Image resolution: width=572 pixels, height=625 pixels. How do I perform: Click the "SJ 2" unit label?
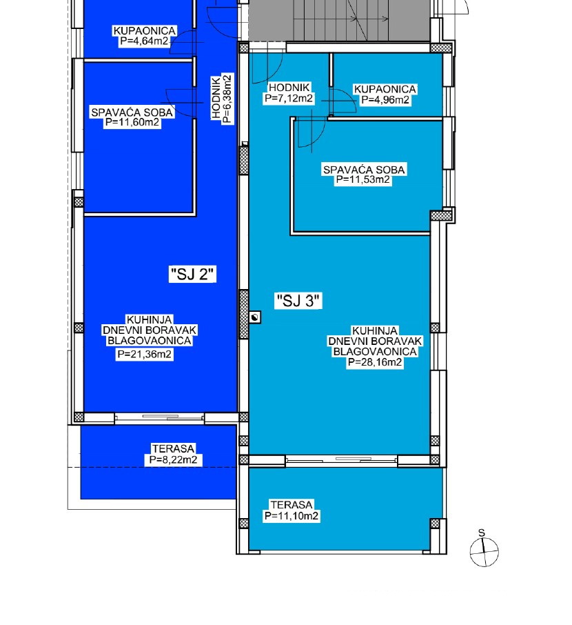click(193, 275)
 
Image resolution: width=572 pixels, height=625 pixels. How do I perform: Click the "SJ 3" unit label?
click(298, 301)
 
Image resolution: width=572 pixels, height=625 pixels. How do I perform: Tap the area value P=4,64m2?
click(144, 41)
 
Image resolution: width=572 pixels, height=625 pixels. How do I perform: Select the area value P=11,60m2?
click(132, 122)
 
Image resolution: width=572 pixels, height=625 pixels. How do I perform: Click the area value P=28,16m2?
click(375, 362)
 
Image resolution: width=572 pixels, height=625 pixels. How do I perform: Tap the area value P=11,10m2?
click(292, 515)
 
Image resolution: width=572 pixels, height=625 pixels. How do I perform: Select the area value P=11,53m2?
click(363, 180)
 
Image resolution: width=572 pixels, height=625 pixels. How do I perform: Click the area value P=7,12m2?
click(289, 99)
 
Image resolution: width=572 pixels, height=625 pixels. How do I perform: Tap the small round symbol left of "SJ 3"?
click(256, 317)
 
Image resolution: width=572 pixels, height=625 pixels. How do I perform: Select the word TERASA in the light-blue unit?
click(292, 505)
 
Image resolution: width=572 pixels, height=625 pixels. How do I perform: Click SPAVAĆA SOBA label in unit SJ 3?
click(363, 170)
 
